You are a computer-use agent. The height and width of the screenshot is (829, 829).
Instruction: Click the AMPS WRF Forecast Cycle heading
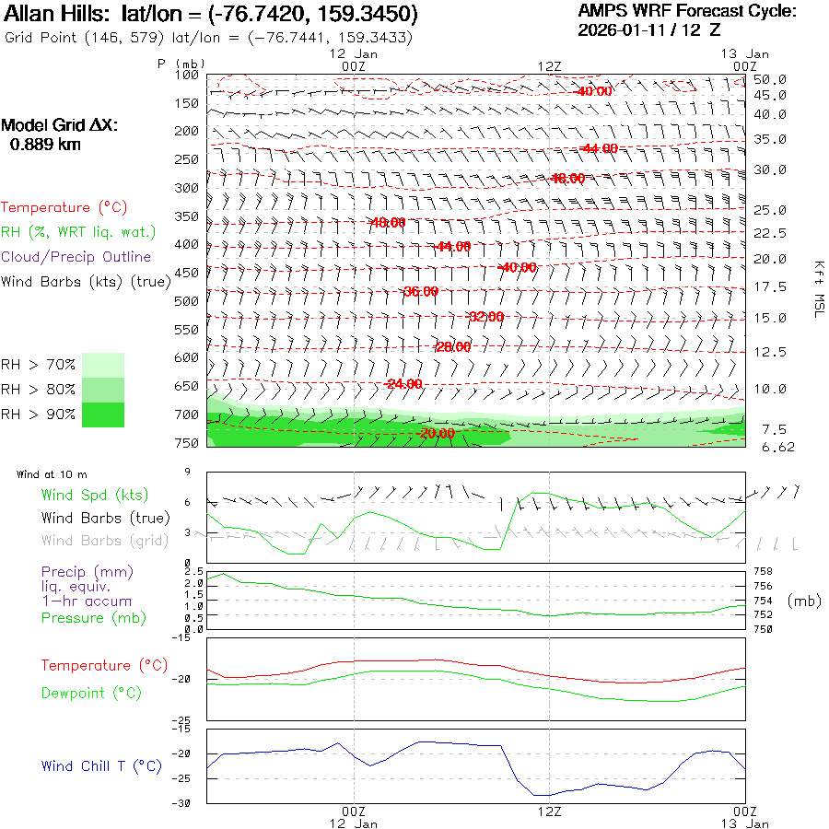pyautogui.click(x=686, y=11)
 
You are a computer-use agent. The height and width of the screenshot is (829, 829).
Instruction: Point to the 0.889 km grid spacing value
pyautogui.click(x=45, y=145)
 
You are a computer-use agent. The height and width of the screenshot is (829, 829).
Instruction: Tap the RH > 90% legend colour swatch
pyautogui.click(x=103, y=414)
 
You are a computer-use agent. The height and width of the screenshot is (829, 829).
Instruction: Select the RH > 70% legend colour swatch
pyautogui.click(x=103, y=365)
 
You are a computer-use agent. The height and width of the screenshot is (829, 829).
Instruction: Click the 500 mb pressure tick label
pyautogui.click(x=187, y=301)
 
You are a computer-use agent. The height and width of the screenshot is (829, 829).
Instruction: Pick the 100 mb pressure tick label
pyautogui.click(x=187, y=75)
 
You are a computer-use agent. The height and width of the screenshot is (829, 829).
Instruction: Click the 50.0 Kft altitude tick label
pyautogui.click(x=769, y=79)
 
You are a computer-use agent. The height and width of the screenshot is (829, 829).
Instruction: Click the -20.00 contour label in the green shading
pyautogui.click(x=436, y=433)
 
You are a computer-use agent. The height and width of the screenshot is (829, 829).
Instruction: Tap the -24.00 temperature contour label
pyautogui.click(x=403, y=383)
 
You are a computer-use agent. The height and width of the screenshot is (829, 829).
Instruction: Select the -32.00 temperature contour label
pyautogui.click(x=486, y=317)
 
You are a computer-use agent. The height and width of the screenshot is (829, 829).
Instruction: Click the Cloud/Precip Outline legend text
pyautogui.click(x=76, y=257)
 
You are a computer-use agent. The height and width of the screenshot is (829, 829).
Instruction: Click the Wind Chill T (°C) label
pyautogui.click(x=101, y=766)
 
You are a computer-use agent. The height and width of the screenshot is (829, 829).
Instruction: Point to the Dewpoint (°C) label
pyautogui.click(x=91, y=693)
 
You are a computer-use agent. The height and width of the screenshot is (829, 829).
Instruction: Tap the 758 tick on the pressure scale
pyautogui.click(x=763, y=572)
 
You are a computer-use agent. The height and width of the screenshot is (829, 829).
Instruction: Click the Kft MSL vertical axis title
pyautogui.click(x=817, y=288)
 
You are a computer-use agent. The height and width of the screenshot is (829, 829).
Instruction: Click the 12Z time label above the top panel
pyautogui.click(x=549, y=66)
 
